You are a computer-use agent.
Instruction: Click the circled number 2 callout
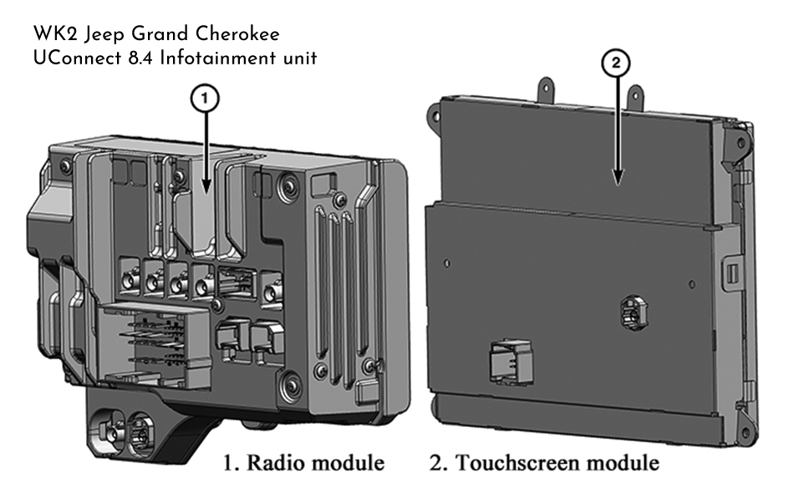tap(617, 63)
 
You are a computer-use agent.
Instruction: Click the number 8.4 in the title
tap(154, 60)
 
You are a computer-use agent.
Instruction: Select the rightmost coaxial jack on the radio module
tap(272, 293)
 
